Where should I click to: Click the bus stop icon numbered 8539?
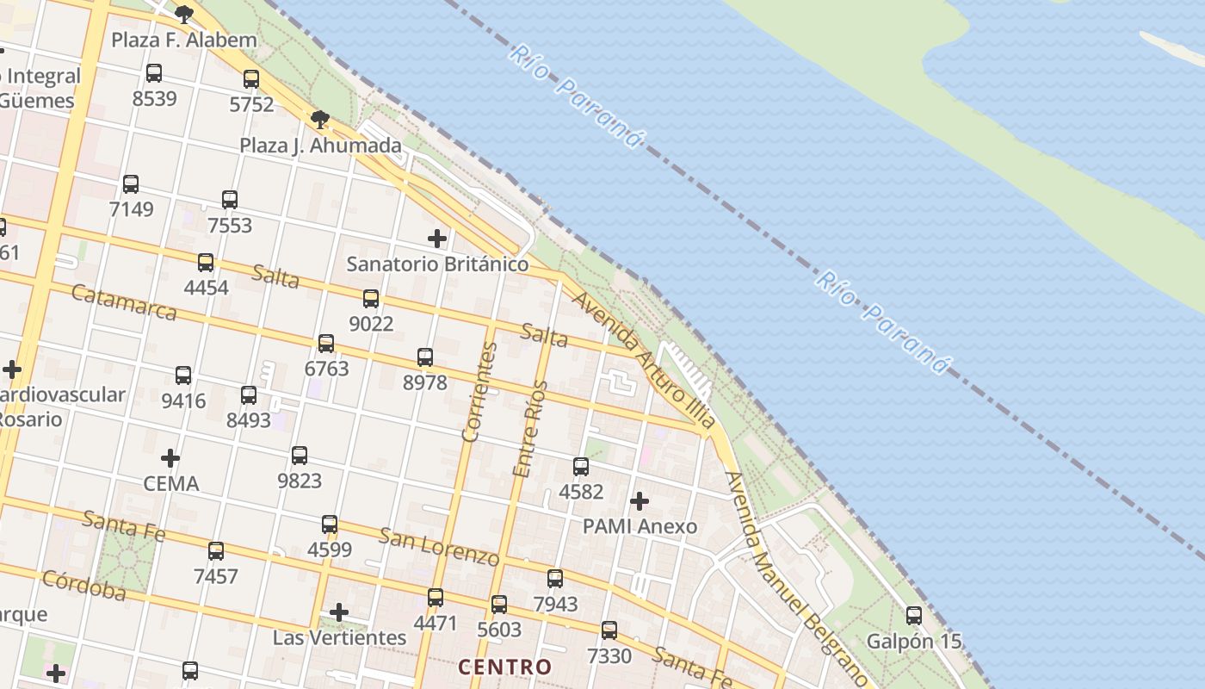coord(154,73)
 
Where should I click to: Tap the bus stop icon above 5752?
coord(251,79)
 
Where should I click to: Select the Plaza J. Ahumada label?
coord(320,146)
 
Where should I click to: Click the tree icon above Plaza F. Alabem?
coord(183,14)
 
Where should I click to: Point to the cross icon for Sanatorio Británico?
coord(437,239)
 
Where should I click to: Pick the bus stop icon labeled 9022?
coord(371,299)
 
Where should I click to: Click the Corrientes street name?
coord(479,392)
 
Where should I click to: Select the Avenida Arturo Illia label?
coord(643,360)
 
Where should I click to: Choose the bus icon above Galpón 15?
coord(914,616)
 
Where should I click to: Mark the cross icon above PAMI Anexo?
coord(640,501)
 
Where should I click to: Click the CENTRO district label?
coord(504,667)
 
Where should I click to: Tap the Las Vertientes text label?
coord(339,637)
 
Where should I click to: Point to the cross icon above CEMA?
coord(170,458)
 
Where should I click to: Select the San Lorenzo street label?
coord(439,547)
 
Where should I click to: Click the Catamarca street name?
coord(124,302)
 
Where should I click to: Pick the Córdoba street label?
coord(83,586)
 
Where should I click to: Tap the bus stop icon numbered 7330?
coord(609,630)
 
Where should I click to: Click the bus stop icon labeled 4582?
coord(581,467)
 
